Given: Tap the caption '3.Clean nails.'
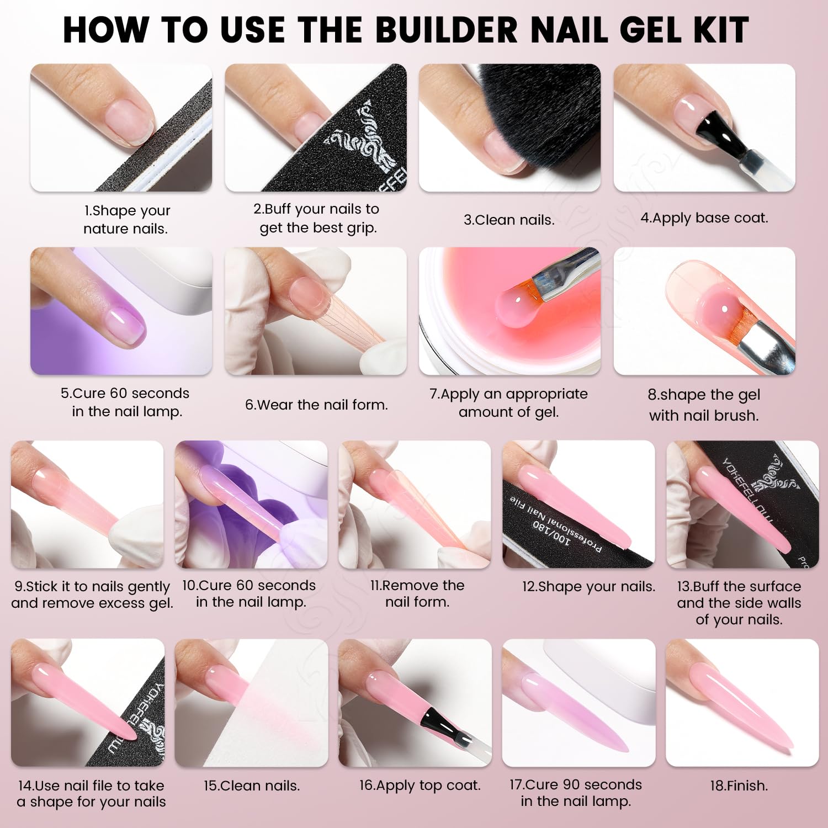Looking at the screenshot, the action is (509, 220).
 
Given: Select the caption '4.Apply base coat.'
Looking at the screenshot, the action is (704, 218).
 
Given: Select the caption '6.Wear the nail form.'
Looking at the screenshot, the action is (316, 405).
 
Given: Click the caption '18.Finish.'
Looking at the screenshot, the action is (739, 785).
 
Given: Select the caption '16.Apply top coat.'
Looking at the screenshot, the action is (420, 785).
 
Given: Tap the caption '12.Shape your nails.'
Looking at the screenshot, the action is (589, 586).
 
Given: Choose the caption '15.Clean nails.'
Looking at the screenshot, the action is (252, 785).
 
